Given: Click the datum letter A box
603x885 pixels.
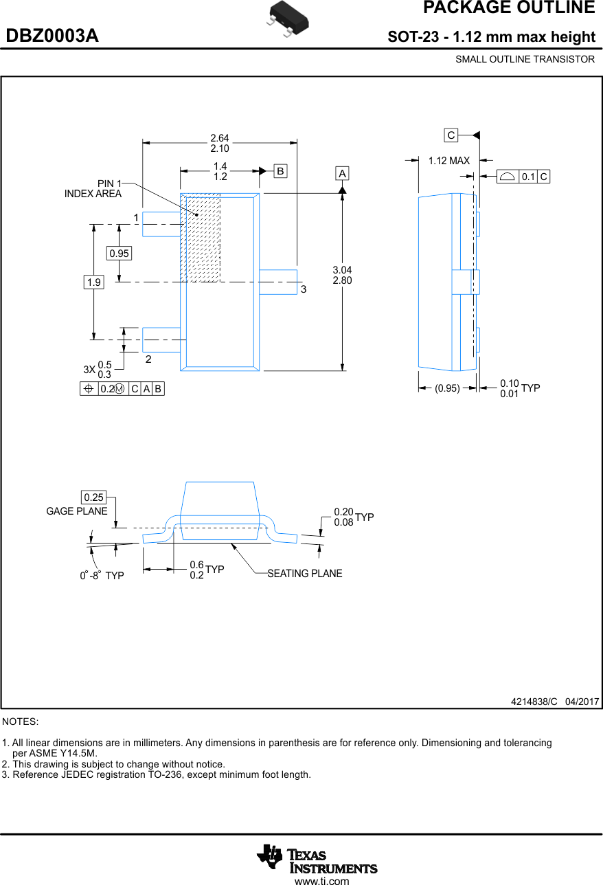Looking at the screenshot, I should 342,173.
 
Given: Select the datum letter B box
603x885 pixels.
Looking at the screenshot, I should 280,170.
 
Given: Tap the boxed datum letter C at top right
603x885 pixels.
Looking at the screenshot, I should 451,135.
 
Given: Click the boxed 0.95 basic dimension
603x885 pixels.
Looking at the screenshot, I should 119,254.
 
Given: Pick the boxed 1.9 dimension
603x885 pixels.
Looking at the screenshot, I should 94,282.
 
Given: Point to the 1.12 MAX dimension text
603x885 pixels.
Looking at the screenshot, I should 449,161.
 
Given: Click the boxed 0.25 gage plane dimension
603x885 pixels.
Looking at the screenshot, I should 93,497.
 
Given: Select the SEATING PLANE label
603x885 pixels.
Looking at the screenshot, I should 304,574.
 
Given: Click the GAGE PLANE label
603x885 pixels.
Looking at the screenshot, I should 77,511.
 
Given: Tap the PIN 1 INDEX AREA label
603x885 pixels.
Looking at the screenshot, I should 93,189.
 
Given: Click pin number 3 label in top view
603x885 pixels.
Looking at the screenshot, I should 303,290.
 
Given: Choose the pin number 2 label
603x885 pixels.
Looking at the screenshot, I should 148,359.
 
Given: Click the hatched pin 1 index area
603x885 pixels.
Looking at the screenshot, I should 201,237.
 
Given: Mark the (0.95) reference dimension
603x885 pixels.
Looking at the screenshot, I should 447,388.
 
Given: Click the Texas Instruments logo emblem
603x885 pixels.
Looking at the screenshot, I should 270,856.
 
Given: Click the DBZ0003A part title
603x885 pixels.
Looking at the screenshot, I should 52,36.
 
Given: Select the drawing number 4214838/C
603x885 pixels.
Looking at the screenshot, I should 534,702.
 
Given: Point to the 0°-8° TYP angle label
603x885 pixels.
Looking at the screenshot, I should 102,575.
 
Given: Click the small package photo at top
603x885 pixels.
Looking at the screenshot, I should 286,16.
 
